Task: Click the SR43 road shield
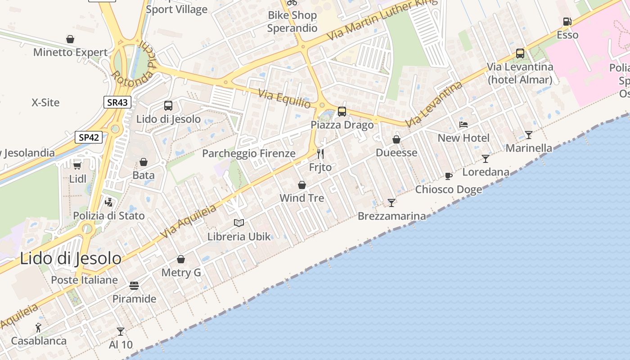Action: coord(117,102)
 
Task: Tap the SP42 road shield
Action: coord(88,137)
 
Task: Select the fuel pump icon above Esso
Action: coord(567,22)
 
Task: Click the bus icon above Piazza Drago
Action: coord(342,111)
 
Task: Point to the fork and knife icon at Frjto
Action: coord(320,154)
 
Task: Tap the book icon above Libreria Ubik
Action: coord(239,223)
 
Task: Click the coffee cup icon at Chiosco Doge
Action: coord(448,176)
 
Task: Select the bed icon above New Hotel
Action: coord(463,124)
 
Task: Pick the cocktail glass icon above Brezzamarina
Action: coord(391,202)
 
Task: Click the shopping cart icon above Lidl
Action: coord(77,165)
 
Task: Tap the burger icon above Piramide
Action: coord(134,285)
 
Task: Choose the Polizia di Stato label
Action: coord(109,216)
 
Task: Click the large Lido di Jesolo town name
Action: coord(71,259)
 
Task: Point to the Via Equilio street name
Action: coord(284,99)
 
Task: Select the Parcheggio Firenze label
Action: coord(249,153)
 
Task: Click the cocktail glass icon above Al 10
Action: coord(121,332)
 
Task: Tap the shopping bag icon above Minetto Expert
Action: coord(70,39)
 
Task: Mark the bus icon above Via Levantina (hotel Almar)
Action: coord(520,53)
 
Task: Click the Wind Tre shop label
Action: coord(301,198)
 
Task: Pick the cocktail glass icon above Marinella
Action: coord(529,135)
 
